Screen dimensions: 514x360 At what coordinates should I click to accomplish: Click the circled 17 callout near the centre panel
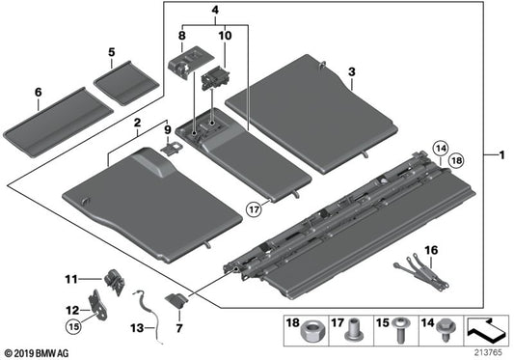[255, 208]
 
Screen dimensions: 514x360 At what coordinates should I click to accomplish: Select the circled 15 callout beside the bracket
[74, 326]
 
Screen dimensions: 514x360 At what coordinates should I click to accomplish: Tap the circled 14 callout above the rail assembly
[441, 149]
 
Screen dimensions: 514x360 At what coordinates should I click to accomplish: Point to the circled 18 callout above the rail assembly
[456, 160]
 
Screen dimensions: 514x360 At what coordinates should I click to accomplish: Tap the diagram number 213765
[489, 353]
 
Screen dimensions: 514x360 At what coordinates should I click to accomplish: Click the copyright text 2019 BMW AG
[37, 353]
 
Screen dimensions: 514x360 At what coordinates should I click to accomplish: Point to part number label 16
[431, 251]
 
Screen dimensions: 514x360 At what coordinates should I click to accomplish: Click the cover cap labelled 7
[176, 300]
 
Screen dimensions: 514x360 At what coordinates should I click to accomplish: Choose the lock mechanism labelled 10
[215, 78]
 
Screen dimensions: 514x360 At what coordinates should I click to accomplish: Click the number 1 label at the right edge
[502, 154]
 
